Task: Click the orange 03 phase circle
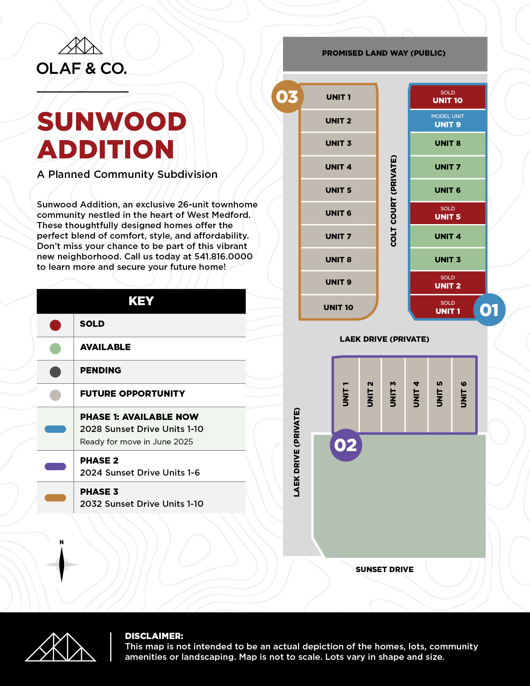click(287, 97)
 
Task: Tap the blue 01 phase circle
click(489, 310)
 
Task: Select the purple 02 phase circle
click(345, 445)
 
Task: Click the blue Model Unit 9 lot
click(448, 121)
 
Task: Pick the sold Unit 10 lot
click(448, 97)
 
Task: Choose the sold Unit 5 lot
click(448, 213)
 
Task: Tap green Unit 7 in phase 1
click(448, 167)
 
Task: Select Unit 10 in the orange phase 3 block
click(338, 307)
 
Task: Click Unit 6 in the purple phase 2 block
click(464, 394)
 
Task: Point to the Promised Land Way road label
click(384, 53)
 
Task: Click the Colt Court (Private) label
click(394, 201)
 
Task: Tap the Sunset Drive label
click(385, 570)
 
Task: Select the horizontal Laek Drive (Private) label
click(385, 339)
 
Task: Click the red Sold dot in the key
click(55, 325)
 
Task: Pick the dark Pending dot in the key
click(55, 372)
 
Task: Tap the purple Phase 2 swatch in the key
click(55, 466)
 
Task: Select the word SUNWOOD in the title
click(112, 122)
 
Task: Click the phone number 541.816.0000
click(224, 257)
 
